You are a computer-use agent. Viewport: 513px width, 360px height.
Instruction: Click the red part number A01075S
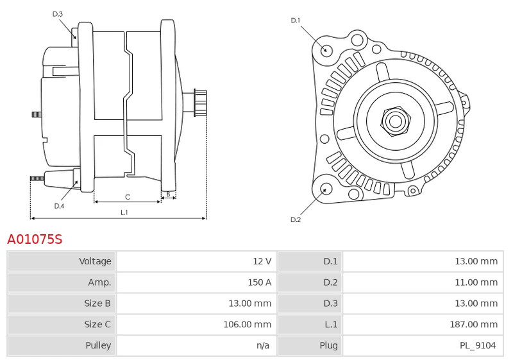(x=35, y=239)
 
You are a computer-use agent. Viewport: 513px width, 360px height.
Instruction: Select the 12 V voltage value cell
(x=262, y=261)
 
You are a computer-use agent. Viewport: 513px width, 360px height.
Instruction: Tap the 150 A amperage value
(x=259, y=282)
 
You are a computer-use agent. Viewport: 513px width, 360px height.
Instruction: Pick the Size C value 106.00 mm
(x=247, y=304)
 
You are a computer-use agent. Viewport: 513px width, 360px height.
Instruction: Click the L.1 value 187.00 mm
(x=473, y=325)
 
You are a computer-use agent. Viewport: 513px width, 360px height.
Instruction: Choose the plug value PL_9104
(x=477, y=346)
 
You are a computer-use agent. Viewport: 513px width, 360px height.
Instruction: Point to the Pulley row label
(x=98, y=346)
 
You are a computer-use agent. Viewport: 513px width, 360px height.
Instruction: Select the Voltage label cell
(x=95, y=261)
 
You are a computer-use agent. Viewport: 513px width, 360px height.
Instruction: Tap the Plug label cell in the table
(x=328, y=346)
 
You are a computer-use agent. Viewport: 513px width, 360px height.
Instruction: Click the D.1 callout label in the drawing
(x=296, y=21)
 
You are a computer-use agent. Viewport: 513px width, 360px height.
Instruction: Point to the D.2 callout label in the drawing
(x=296, y=219)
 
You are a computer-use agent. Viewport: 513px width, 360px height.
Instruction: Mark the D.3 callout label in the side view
(x=58, y=13)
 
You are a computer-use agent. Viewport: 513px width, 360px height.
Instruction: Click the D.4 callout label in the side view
(x=59, y=206)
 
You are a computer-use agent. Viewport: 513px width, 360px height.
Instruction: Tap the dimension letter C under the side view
(x=128, y=196)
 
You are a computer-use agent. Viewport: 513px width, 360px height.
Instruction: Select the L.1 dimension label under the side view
(x=124, y=212)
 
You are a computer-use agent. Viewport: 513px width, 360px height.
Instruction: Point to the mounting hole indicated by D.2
(x=325, y=189)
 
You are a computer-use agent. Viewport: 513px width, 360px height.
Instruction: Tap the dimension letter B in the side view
(x=168, y=193)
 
